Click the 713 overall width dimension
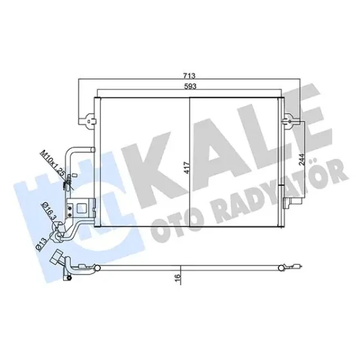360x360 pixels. coord(189,75)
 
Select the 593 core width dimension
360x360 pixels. coord(190,86)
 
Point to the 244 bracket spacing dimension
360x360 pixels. coord(301,159)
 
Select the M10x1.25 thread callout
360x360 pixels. coord(52,164)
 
